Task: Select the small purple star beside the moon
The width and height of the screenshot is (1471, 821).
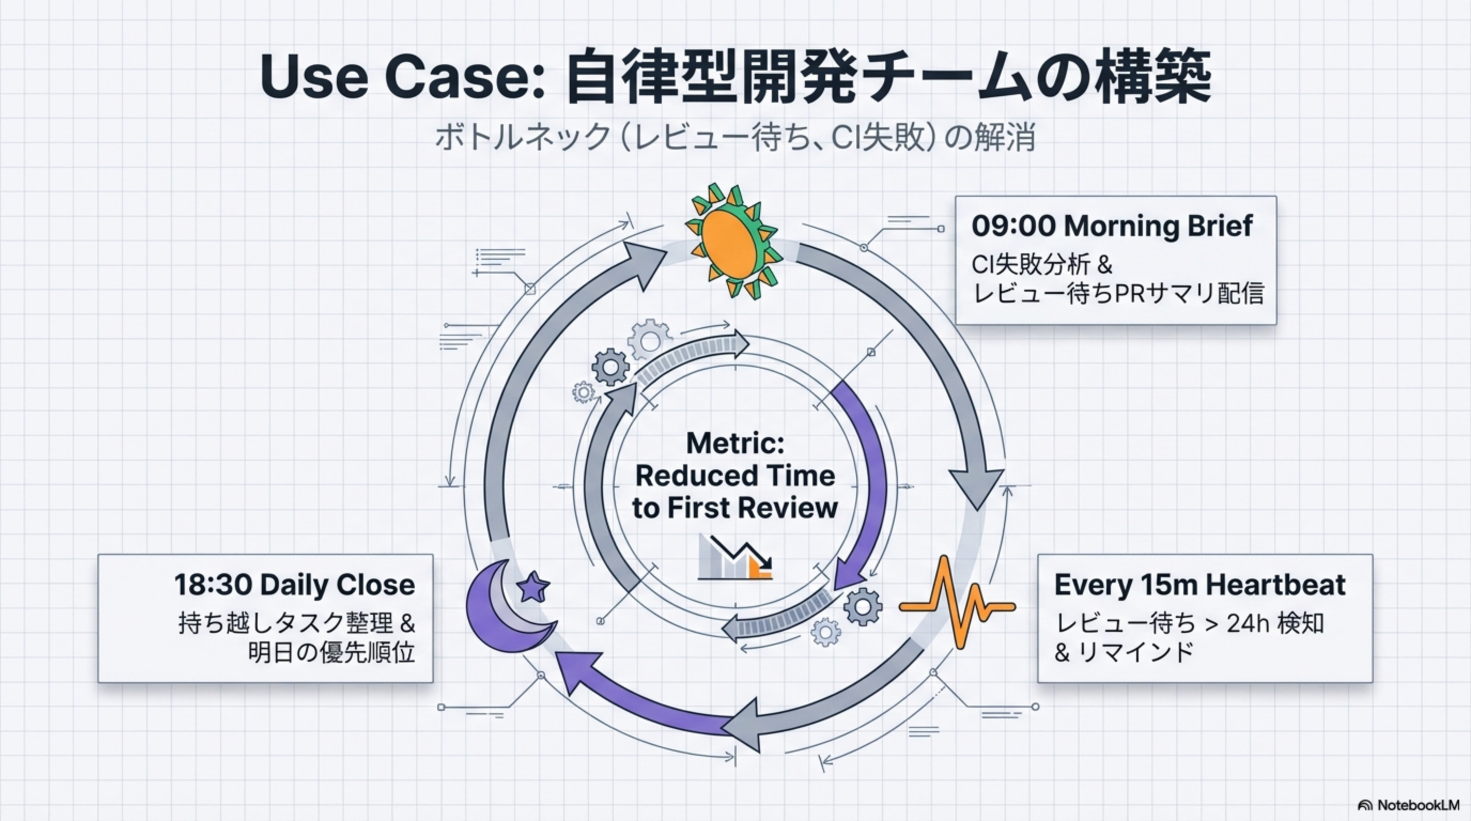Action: [533, 587]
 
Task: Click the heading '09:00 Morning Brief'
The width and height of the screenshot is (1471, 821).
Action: [1112, 226]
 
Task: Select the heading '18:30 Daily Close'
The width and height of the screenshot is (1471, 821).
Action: [295, 585]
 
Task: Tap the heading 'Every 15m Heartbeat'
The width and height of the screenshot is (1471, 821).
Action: [1199, 585]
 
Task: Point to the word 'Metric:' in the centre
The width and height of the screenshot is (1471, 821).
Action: [735, 443]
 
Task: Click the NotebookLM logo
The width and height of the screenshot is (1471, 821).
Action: [1407, 805]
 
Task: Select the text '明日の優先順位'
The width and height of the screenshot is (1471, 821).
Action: [331, 653]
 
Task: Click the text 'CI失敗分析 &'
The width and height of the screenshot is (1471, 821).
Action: [1042, 265]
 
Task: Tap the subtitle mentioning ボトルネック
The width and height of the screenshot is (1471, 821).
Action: [735, 137]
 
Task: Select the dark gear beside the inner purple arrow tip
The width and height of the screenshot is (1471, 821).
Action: [862, 606]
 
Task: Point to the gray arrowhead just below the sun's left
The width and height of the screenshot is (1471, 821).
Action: [645, 262]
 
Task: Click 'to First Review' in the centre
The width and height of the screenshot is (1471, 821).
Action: [735, 508]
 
